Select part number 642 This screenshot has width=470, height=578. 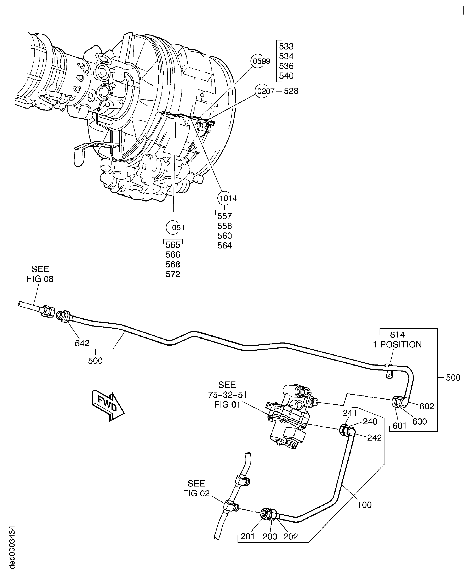click(x=82, y=343)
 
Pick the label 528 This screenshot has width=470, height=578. click(x=291, y=91)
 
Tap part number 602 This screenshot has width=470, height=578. click(x=427, y=406)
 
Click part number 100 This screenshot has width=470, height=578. click(x=364, y=505)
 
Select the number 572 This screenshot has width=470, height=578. click(x=173, y=274)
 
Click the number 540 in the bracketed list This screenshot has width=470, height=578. click(x=286, y=76)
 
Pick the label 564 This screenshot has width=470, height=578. click(x=224, y=245)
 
